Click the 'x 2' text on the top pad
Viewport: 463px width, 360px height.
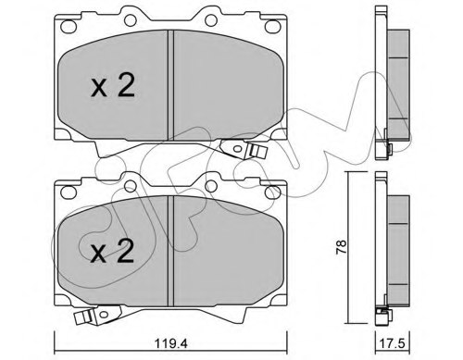coord(114,87)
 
